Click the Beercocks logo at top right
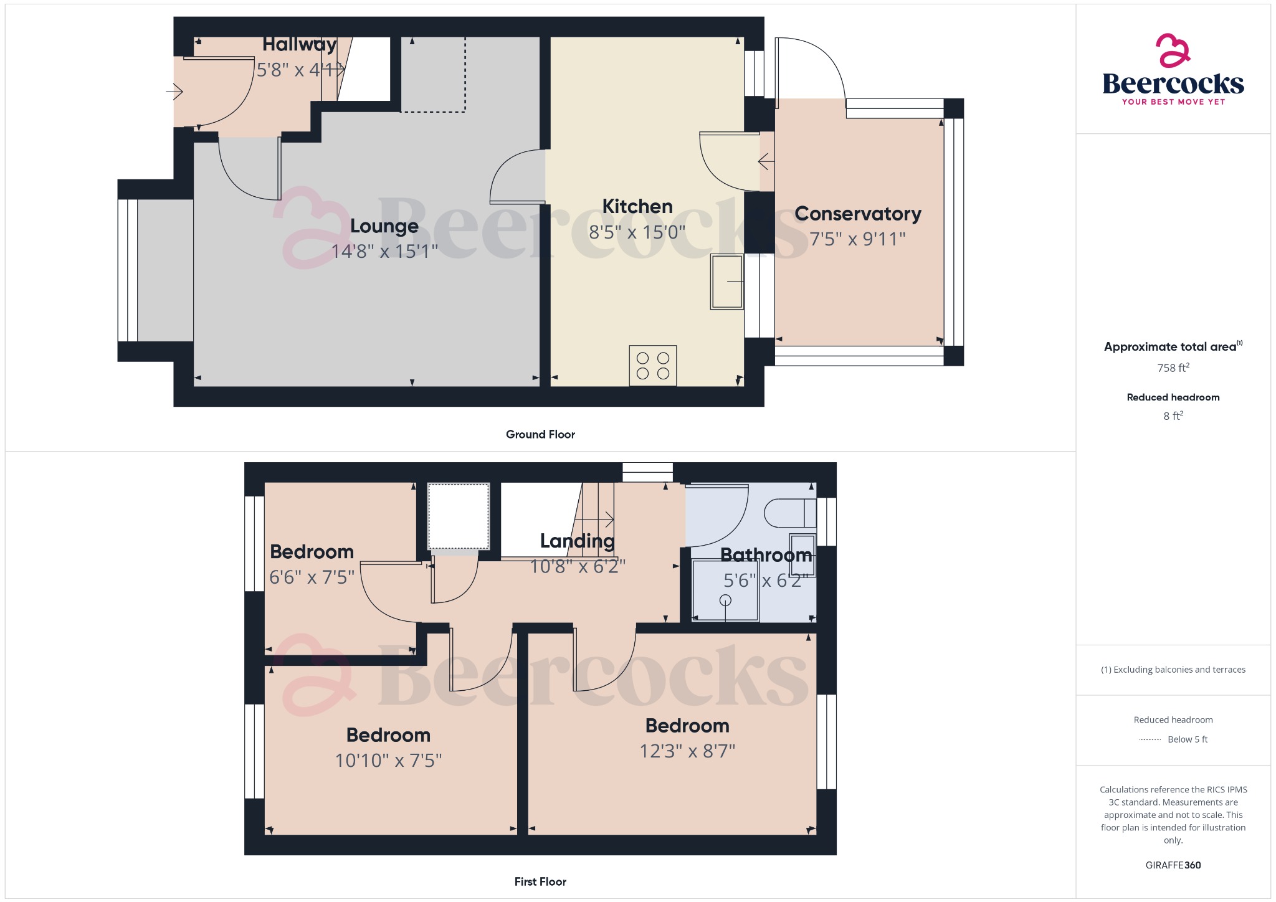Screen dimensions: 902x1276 (x=1173, y=70)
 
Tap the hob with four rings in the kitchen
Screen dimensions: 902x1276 (x=652, y=366)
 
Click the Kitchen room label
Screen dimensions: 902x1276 (x=637, y=206)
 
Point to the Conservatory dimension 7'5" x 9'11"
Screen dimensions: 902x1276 (x=857, y=239)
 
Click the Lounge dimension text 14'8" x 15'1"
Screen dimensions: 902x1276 (x=384, y=251)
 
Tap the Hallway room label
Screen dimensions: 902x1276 (x=299, y=44)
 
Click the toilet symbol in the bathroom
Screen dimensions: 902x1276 (x=790, y=513)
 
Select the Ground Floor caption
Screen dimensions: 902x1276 (x=540, y=434)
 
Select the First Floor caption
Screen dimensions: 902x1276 (x=540, y=881)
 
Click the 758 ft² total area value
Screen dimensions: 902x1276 (x=1173, y=368)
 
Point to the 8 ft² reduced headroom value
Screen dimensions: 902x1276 (x=1173, y=415)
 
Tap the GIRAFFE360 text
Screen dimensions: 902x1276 (x=1173, y=865)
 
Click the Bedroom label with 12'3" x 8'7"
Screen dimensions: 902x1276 (x=687, y=726)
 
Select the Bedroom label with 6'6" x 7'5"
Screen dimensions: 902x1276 (x=312, y=552)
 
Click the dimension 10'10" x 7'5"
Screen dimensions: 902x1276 (x=388, y=761)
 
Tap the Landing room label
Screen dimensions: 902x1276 (x=577, y=541)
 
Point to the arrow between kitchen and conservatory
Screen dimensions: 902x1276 (x=766, y=162)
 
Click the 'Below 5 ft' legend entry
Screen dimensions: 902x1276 (x=1187, y=739)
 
